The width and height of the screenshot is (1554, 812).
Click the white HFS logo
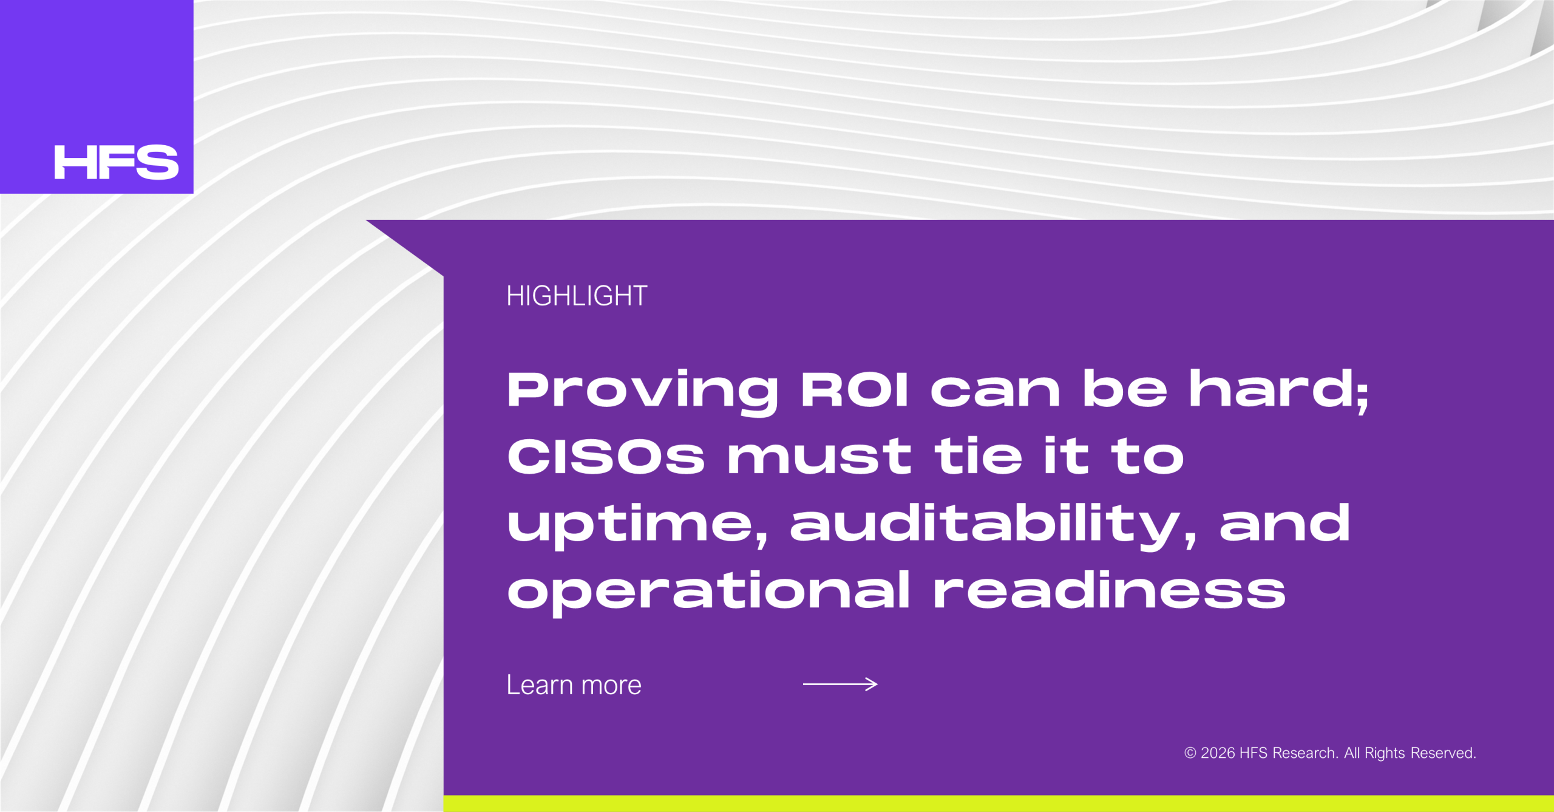117,162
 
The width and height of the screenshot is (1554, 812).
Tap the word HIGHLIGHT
577,296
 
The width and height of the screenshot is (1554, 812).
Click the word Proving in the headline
642,392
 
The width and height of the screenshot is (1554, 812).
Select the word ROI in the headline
854,389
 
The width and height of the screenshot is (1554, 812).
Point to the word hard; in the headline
1278,391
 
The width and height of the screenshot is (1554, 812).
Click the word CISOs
606,456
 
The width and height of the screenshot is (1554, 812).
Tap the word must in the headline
819,457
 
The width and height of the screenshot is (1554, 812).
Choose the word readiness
1109,590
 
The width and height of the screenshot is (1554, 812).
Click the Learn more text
574,685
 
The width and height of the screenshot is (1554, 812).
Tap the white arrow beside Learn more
840,684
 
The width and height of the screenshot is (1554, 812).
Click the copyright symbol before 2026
1190,753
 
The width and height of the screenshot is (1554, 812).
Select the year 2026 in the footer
1218,753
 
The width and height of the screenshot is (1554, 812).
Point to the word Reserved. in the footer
1443,753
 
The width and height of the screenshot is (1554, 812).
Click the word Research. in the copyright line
1305,753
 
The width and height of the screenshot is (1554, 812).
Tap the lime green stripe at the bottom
999,803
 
